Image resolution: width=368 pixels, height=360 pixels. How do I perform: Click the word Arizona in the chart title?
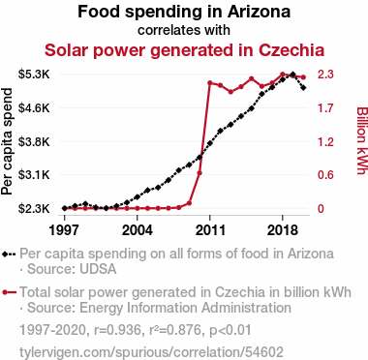click(259, 12)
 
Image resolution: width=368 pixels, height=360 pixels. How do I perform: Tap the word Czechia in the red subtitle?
click(291, 50)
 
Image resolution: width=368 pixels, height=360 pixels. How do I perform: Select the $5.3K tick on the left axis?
click(34, 75)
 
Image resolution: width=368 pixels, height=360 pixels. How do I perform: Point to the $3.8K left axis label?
click(34, 141)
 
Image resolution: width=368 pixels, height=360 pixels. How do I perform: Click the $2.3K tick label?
click(34, 209)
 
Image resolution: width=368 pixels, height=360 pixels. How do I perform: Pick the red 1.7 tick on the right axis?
click(325, 108)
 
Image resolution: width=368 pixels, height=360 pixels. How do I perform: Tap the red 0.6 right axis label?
click(325, 175)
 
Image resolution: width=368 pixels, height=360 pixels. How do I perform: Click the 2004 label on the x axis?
click(138, 230)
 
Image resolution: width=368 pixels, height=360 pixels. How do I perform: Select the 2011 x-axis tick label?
click(210, 230)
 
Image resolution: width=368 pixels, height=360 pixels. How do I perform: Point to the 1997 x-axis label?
click(64, 230)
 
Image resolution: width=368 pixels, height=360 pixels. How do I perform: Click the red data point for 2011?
click(210, 83)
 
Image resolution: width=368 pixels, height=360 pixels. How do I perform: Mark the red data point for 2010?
click(199, 173)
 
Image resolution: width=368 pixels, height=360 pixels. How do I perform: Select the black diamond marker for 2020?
click(303, 88)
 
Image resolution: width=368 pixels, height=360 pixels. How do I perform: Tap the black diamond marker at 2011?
click(210, 143)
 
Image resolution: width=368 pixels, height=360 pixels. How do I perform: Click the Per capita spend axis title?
click(7, 141)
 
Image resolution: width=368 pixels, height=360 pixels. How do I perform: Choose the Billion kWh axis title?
click(362, 140)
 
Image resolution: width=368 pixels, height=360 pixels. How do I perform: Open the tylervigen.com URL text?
click(151, 352)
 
